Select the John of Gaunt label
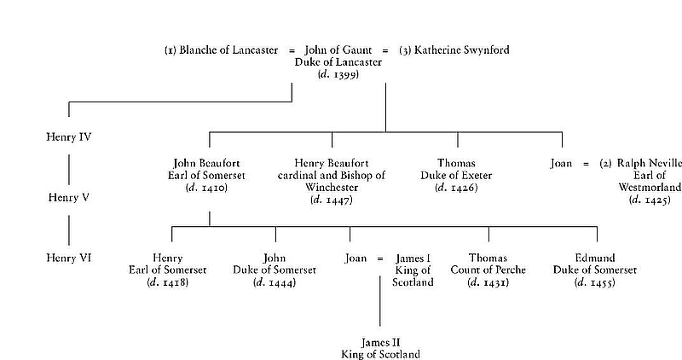(338, 50)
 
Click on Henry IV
(69, 136)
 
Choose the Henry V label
(68, 197)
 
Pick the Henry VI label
(69, 257)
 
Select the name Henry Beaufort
(332, 163)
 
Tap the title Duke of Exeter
(458, 175)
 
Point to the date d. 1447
(332, 200)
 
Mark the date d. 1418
(167, 282)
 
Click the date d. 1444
(275, 282)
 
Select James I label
(414, 258)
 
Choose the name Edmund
(597, 258)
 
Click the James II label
(380, 341)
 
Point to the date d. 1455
(597, 282)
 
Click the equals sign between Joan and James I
(381, 258)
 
